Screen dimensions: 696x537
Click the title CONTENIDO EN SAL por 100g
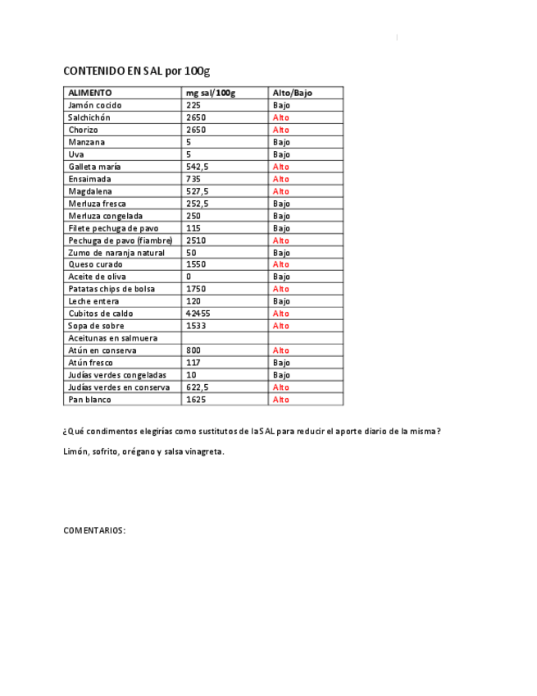tap(137, 71)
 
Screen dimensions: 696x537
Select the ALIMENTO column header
tap(90, 94)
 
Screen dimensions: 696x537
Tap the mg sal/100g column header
tap(211, 94)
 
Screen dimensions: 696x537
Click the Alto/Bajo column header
tap(293, 94)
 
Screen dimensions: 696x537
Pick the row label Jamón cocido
tap(95, 106)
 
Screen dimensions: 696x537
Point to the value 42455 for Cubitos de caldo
tap(198, 314)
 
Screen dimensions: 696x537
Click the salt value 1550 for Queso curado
tap(196, 264)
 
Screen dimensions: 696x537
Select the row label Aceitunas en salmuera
tap(112, 338)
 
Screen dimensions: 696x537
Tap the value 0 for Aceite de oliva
tap(189, 277)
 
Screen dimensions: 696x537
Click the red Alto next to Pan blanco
tap(281, 400)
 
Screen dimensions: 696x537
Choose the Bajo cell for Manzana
tap(281, 142)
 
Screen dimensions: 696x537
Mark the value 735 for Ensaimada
tap(193, 179)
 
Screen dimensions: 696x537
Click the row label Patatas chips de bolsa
tap(111, 289)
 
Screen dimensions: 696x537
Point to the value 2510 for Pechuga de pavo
tap(196, 240)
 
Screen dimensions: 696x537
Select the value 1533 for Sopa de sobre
tap(196, 326)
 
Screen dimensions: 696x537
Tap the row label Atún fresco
tap(90, 363)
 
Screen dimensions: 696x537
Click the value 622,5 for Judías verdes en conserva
tap(198, 387)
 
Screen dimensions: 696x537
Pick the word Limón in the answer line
tap(75, 451)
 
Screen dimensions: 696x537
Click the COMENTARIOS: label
tap(95, 530)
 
